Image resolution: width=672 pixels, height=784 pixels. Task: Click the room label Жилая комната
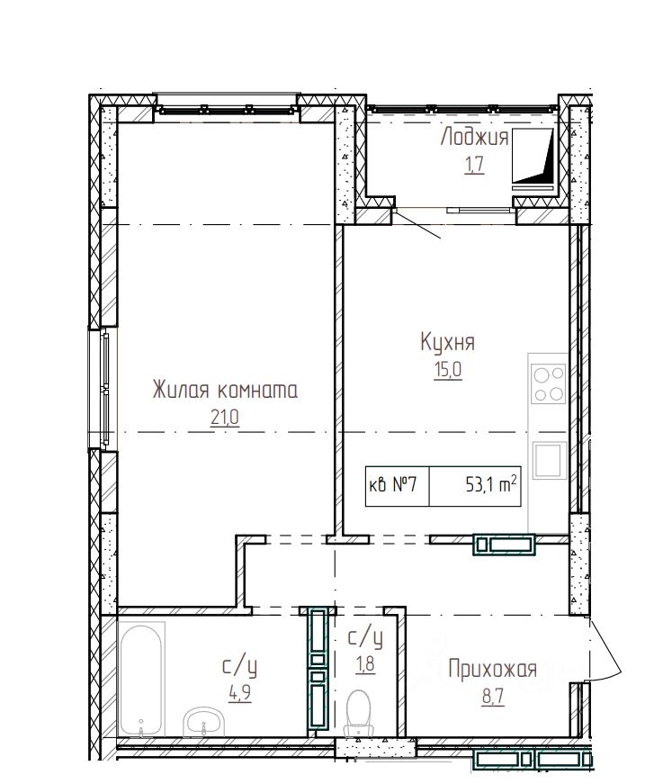pos(225,390)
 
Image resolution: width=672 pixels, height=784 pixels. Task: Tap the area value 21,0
pos(225,417)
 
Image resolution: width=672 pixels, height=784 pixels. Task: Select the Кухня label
pos(448,343)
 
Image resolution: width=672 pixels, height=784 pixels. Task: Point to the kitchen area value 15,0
pos(448,370)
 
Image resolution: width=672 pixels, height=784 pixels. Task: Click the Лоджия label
pos(474,137)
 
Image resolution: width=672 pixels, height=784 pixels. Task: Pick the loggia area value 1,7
pos(474,165)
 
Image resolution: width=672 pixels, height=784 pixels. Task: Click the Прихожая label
pos(493,669)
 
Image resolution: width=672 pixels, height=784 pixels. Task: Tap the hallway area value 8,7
pos(493,697)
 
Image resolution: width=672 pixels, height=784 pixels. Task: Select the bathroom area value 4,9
pos(240,693)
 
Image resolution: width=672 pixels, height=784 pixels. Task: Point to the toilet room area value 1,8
pos(365,664)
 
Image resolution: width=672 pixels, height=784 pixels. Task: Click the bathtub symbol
pos(141,679)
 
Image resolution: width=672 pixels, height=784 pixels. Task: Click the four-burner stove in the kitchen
pos(549,383)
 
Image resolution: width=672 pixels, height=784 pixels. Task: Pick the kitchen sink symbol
pos(549,460)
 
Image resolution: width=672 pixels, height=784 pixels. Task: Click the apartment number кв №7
pos(393,485)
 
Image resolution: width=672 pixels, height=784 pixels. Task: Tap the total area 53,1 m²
pos(490,484)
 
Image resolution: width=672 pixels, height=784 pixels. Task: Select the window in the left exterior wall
pos(104,389)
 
